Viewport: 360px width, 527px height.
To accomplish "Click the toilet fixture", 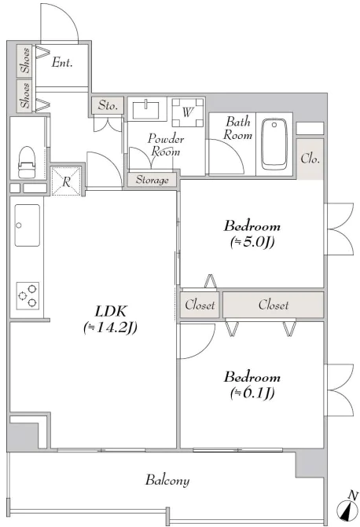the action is click(27, 162).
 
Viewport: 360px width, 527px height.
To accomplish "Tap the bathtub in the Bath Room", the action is click(274, 144).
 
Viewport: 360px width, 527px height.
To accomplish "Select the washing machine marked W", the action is click(187, 112).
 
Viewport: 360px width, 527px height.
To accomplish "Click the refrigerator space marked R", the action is click(66, 181).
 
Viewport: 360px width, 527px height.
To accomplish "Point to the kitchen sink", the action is click(27, 225).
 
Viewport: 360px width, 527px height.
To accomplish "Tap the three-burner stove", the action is click(28, 296).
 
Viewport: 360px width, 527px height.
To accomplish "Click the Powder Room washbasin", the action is click(145, 110).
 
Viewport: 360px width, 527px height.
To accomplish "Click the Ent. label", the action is click(62, 63).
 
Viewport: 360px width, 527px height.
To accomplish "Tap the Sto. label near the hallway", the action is click(108, 105).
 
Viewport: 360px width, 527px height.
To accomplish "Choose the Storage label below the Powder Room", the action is click(152, 180).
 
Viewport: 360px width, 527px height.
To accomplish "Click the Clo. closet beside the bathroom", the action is click(310, 159).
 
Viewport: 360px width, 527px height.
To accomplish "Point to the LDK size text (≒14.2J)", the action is click(110, 328).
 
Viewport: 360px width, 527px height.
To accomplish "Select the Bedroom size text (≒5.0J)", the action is click(252, 242).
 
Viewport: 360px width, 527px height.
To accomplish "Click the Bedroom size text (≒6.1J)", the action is click(252, 393).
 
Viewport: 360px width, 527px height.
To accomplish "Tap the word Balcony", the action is click(167, 481).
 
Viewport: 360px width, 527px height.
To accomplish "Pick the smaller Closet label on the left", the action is click(200, 305).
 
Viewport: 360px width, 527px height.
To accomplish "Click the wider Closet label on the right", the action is click(274, 305).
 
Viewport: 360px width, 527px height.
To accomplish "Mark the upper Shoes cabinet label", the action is click(25, 60).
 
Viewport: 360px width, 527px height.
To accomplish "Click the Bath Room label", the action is click(238, 128).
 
